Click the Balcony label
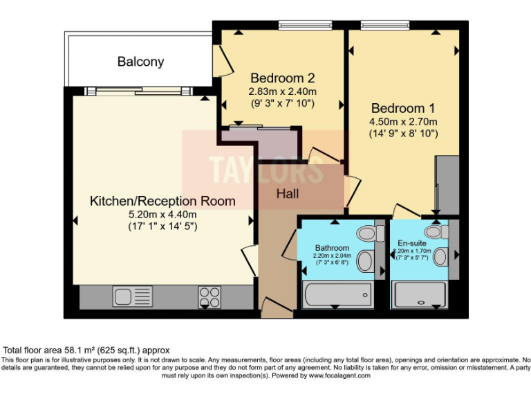click(140, 62)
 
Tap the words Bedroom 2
click(282, 77)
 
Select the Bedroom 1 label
click(403, 109)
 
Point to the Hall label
click(288, 194)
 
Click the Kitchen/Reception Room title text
click(162, 201)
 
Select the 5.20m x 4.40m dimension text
click(162, 214)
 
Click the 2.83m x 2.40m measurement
click(282, 91)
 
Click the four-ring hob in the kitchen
click(209, 296)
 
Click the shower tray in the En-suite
click(420, 296)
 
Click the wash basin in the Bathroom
click(367, 261)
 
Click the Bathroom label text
click(332, 247)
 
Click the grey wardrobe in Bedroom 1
click(447, 184)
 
